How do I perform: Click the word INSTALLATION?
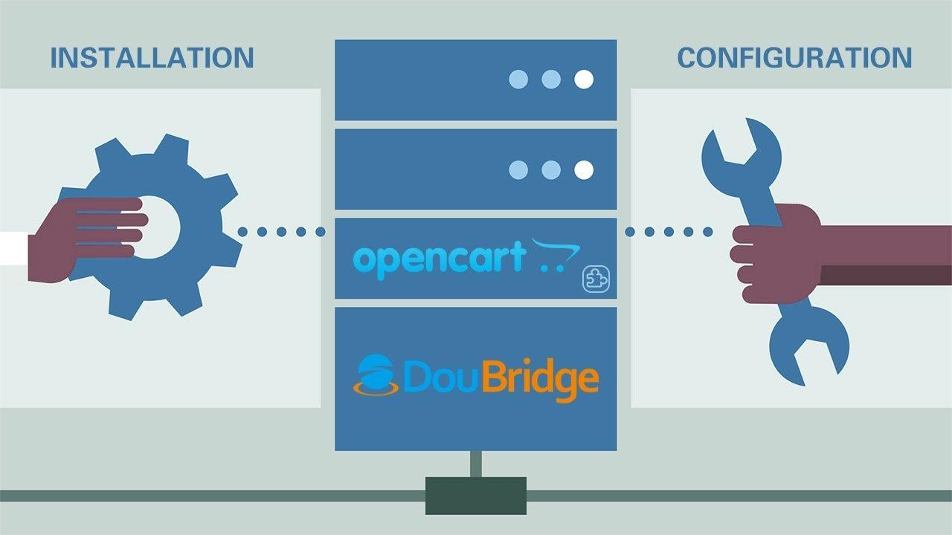click(152, 58)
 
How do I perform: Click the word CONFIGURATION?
click(794, 58)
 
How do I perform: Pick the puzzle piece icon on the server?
click(596, 279)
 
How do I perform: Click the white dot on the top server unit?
click(584, 80)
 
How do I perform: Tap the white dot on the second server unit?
click(584, 170)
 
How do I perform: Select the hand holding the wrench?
click(773, 253)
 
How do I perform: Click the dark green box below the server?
click(476, 496)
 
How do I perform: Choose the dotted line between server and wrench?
click(669, 232)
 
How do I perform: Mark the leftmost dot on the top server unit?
click(518, 80)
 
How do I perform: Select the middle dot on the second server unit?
click(551, 170)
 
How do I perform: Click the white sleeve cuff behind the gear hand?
click(13, 247)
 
